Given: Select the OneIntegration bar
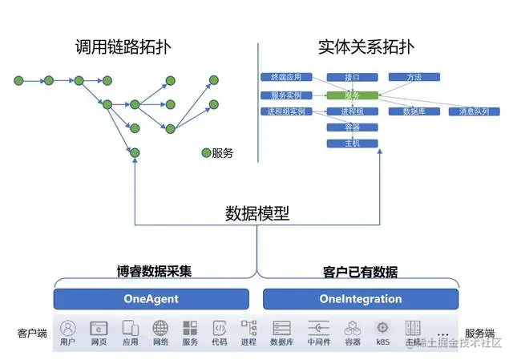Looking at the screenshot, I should [360, 299].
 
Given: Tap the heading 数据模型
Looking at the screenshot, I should [256, 214].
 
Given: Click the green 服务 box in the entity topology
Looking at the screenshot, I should [351, 95].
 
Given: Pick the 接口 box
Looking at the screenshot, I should [351, 78].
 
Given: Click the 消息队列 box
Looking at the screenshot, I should [475, 111].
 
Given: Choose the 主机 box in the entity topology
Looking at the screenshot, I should [351, 144].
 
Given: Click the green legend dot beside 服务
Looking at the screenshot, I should [206, 153].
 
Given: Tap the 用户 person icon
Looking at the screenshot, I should [68, 328].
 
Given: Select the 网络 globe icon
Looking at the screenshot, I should [160, 328].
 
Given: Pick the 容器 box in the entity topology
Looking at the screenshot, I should [351, 127].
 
